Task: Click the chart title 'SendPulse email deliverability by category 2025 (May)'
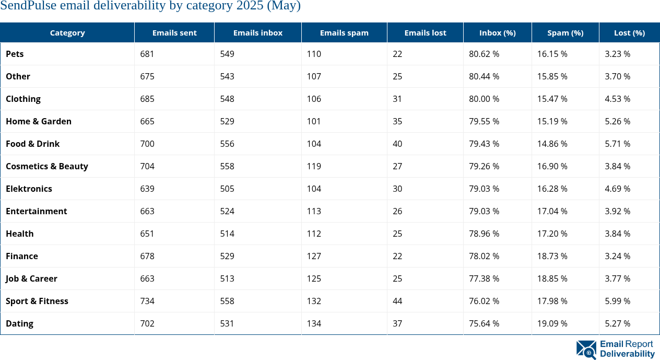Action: tap(150, 6)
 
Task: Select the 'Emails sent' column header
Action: tap(174, 32)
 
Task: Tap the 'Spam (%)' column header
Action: tap(565, 32)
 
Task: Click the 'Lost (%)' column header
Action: tap(629, 32)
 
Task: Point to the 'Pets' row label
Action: tap(15, 54)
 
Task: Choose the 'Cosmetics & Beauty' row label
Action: tap(47, 166)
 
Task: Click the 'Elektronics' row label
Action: tap(29, 189)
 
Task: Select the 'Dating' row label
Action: tap(19, 323)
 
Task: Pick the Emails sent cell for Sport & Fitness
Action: tap(147, 301)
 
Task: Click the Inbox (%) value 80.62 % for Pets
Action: tap(484, 54)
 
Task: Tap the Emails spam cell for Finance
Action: tap(314, 256)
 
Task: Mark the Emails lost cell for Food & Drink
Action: tap(397, 144)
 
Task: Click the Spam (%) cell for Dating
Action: tap(552, 323)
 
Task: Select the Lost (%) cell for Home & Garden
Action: tap(617, 121)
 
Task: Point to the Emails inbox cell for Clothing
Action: tap(227, 99)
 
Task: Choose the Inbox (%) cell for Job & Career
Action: tap(484, 278)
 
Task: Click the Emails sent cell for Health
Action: tap(147, 234)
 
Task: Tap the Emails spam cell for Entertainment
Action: tap(314, 211)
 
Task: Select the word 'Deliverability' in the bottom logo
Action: tap(627, 354)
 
